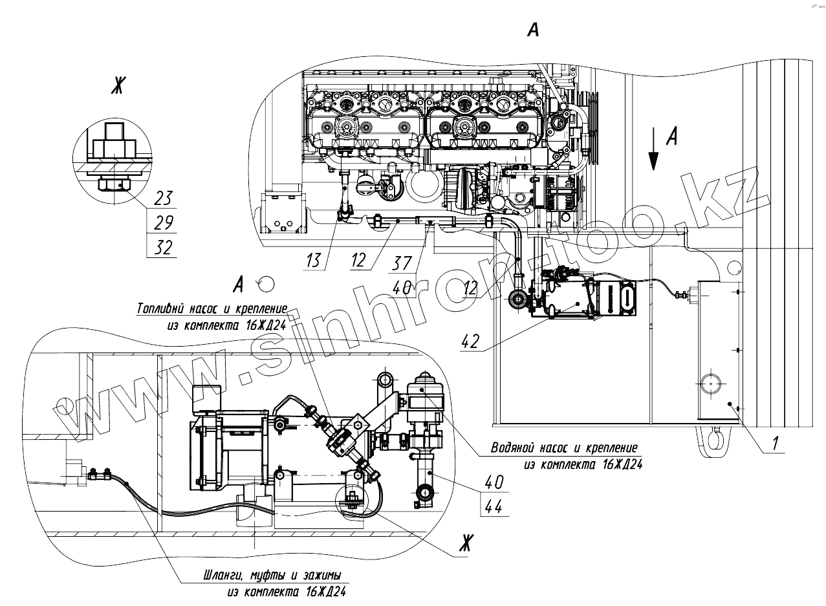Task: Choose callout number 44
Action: coord(494,507)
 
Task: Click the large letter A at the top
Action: coord(533,30)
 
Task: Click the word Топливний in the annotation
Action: coord(162,308)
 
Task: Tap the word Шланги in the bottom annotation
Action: coord(217,576)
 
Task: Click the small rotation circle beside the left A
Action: coord(266,283)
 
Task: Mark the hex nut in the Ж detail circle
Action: coord(111,186)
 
